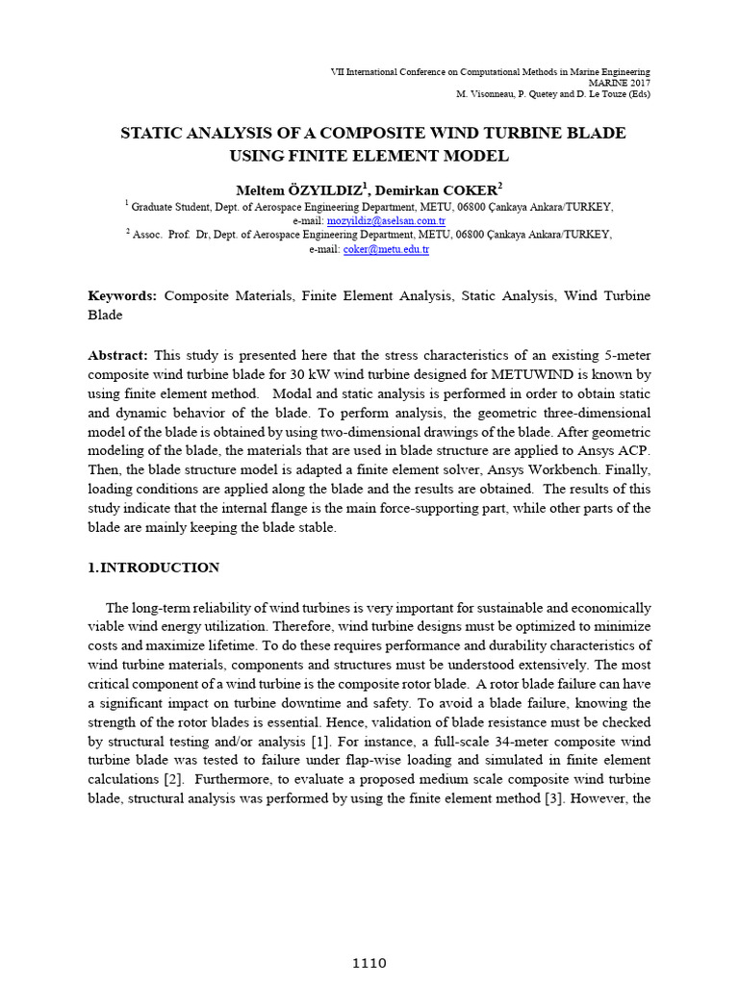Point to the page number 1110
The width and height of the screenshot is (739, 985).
pos(369,963)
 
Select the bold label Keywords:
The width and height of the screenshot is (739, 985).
pos(122,296)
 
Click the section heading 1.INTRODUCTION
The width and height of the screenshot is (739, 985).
pos(154,568)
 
